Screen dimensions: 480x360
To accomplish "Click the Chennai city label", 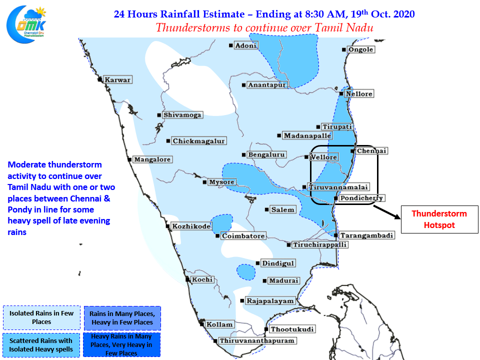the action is click(x=371, y=151).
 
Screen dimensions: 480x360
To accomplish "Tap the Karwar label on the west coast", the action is click(x=117, y=80).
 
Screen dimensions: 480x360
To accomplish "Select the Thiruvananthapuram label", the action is click(x=257, y=340).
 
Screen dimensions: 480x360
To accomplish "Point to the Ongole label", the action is click(x=361, y=49).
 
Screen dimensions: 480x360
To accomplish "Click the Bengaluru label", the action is click(x=266, y=155).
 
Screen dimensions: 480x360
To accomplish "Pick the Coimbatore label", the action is click(x=243, y=236).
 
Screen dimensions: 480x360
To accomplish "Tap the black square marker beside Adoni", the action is click(x=231, y=45).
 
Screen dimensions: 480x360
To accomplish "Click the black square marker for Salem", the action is click(x=266, y=209).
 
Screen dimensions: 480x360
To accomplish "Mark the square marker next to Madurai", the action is click(x=265, y=280).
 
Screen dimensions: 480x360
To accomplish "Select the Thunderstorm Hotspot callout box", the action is click(x=439, y=219).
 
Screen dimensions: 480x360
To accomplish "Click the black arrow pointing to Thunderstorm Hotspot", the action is click(x=386, y=212).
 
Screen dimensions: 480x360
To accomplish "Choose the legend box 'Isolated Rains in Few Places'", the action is click(x=41, y=317).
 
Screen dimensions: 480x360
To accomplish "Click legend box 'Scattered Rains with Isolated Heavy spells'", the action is click(x=41, y=345).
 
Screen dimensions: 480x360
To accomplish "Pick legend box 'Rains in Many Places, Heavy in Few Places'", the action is click(x=122, y=318).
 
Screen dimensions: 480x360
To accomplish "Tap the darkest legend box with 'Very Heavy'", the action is click(x=121, y=344).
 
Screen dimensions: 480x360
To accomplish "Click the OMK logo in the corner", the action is click(x=26, y=24).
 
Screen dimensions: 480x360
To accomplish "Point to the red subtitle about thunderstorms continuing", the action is click(x=264, y=28).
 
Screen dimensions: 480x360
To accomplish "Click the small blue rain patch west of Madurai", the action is click(x=246, y=272).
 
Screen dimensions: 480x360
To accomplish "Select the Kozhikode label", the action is click(x=191, y=226).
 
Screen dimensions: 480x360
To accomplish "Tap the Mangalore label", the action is click(x=152, y=159).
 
